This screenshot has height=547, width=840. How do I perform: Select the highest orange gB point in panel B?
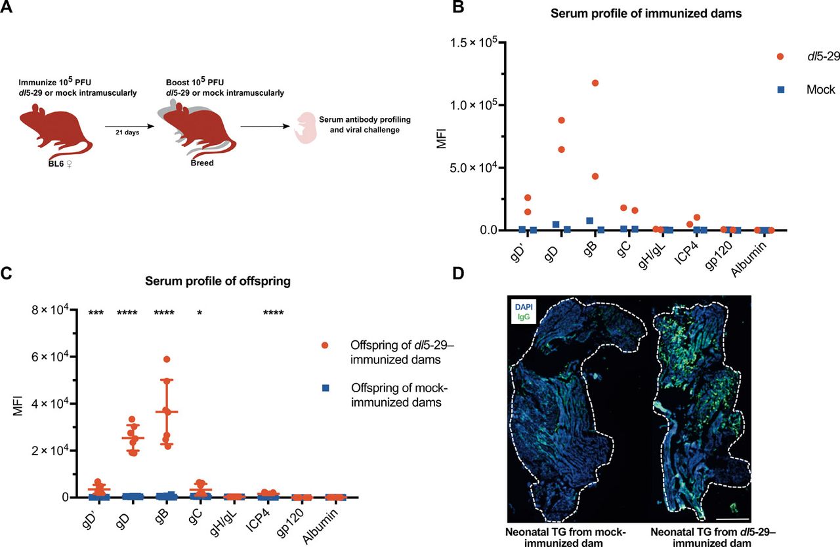595,83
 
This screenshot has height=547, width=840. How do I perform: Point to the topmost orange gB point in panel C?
167,359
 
